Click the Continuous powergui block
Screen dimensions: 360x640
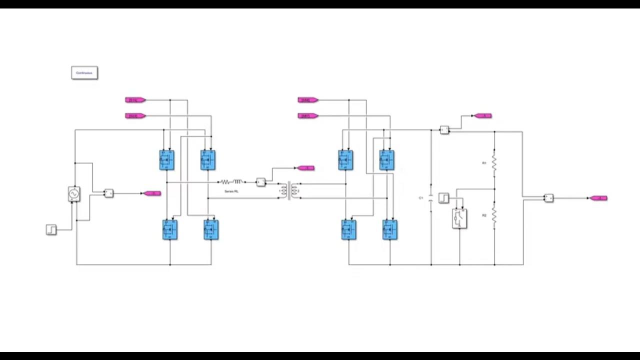coord(84,73)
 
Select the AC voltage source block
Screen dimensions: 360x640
coord(74,193)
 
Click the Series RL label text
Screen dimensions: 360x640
coord(231,191)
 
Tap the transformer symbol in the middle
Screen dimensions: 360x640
coord(289,190)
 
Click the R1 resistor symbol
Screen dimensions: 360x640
coord(494,163)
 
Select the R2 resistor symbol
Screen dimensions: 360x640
coord(494,215)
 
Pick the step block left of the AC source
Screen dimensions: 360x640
coord(51,229)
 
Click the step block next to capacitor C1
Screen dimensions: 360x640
coord(443,198)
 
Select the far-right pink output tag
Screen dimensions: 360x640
coord(598,198)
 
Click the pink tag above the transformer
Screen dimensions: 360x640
coord(305,168)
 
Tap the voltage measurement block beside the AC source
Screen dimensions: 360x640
coord(108,193)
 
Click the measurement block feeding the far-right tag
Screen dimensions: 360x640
coord(548,198)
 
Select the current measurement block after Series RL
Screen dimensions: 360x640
coord(260,182)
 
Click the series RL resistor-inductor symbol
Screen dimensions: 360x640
coord(231,182)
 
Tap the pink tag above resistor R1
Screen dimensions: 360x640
coord(483,116)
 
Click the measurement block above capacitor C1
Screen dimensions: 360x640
coord(444,130)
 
